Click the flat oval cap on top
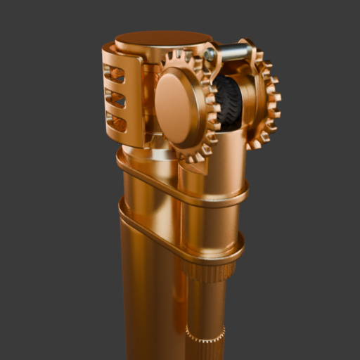tap(163, 38)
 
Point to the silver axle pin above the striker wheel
tap(234, 51)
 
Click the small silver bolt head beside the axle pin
tap(210, 54)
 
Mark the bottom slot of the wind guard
tap(116, 123)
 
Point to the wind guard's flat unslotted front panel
tap(134, 98)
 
